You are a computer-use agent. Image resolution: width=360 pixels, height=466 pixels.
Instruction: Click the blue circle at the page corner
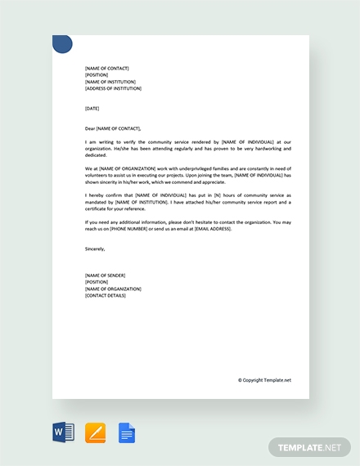tap(62, 44)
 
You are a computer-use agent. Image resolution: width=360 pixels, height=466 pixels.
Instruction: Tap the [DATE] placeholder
tap(92, 108)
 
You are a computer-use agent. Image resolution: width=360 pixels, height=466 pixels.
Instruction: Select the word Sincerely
tap(95, 249)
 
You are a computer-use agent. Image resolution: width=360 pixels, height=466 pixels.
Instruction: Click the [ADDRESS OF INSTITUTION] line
tap(113, 88)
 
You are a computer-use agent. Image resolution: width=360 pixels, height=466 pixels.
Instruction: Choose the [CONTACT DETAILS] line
tap(106, 295)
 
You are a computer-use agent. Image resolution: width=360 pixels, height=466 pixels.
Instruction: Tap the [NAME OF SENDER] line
tap(105, 276)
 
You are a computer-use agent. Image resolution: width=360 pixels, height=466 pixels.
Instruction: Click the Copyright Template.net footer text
tap(264, 379)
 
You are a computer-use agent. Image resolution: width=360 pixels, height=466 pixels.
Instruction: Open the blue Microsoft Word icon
tap(63, 432)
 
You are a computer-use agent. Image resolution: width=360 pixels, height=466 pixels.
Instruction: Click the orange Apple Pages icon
tap(96, 432)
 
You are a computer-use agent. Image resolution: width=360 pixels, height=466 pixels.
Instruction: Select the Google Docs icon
tap(127, 432)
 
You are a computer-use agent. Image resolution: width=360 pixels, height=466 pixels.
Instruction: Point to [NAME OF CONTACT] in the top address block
tap(106, 69)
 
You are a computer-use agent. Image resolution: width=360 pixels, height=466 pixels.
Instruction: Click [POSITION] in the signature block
tap(97, 282)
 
